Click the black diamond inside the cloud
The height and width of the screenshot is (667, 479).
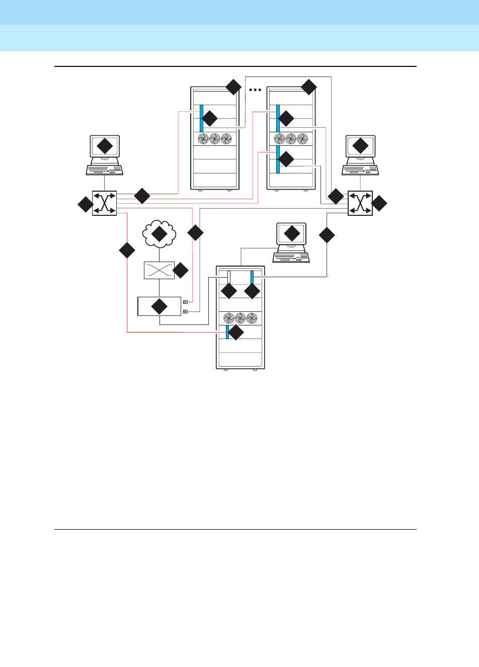(159, 233)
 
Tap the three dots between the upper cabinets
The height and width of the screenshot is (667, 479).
(255, 90)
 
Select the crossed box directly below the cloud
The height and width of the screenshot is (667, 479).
(159, 270)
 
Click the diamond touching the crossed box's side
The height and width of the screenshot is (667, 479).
(180, 271)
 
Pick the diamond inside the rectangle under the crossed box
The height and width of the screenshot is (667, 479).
(159, 306)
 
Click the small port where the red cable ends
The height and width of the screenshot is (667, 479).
(185, 302)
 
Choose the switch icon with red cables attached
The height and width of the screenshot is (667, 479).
(104, 203)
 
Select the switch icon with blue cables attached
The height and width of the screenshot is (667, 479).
(360, 203)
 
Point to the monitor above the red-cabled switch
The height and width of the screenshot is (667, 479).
(105, 147)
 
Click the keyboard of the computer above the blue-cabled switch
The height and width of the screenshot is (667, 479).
(360, 170)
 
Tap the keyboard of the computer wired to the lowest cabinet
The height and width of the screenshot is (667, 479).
(291, 258)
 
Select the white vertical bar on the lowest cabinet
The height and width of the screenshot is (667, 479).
(229, 278)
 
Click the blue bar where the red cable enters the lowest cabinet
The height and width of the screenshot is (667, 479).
(227, 332)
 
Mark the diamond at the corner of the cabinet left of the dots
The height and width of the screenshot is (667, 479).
(233, 87)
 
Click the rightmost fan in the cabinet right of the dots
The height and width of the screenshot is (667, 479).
(302, 139)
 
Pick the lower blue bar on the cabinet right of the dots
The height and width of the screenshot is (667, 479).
(278, 159)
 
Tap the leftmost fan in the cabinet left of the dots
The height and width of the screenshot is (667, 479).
(203, 139)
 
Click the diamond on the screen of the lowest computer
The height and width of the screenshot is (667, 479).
(292, 233)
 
